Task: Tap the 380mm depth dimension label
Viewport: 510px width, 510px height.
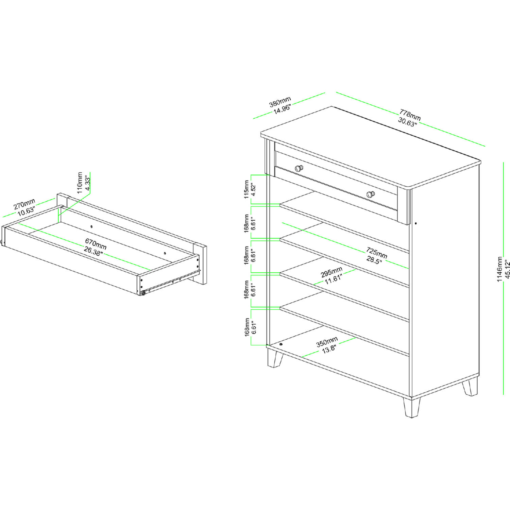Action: [280, 101]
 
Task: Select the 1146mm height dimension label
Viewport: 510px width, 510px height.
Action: [499, 269]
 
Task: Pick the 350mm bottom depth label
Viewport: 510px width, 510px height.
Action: [327, 342]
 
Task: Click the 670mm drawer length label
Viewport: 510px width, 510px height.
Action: [96, 243]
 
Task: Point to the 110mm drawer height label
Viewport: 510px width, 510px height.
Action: [80, 183]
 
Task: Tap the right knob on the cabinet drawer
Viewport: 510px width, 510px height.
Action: [371, 194]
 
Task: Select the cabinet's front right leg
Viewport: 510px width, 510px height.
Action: [412, 407]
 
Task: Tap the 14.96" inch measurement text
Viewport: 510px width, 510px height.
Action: [282, 109]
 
